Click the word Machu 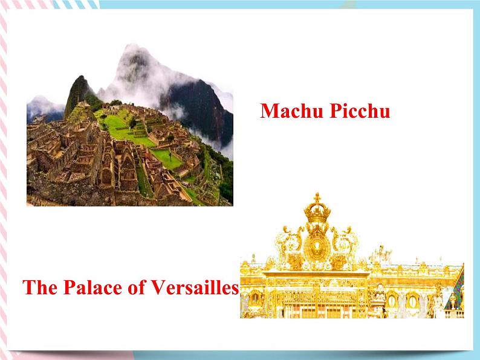(x=287, y=112)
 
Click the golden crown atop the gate (x=317, y=213)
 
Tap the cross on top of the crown (x=317, y=198)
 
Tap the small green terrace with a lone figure (x=167, y=159)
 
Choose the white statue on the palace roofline (x=380, y=254)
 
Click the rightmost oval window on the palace (x=413, y=300)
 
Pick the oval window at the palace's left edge (x=255, y=298)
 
